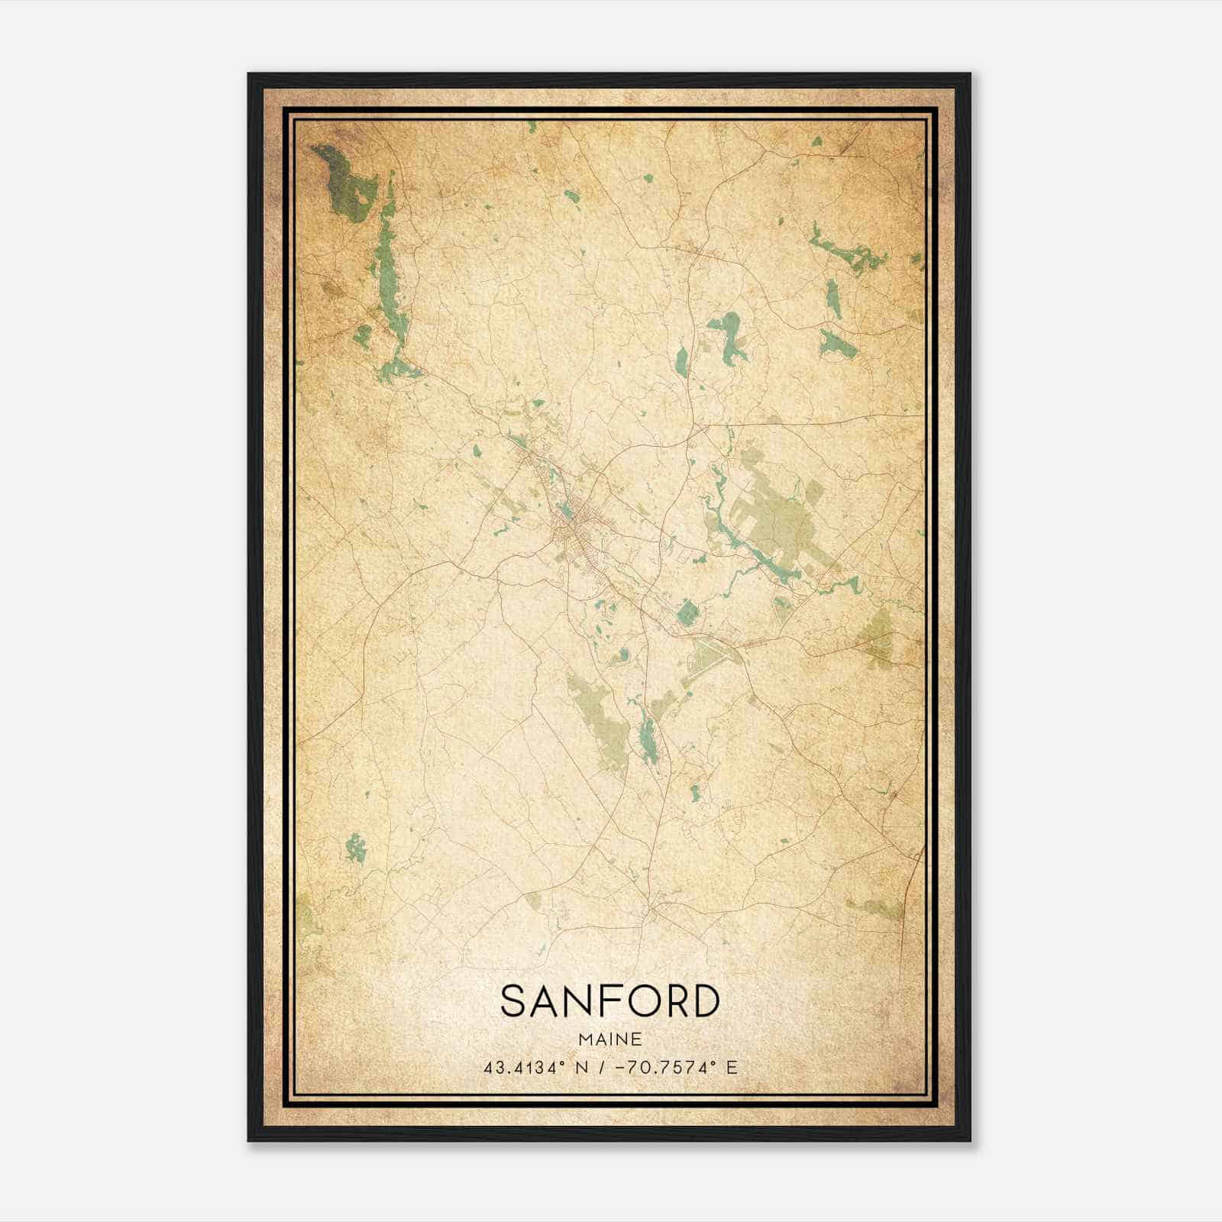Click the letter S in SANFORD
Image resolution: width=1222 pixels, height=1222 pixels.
point(514,1002)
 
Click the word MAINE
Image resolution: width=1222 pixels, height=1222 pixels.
point(609,1039)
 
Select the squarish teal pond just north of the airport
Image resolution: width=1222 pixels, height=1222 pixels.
point(687,612)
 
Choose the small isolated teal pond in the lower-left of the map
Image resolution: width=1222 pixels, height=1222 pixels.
point(354,847)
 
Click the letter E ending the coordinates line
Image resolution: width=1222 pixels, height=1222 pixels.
point(733,1067)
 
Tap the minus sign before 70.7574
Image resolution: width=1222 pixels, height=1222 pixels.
point(619,1067)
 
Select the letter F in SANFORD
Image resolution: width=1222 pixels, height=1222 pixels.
point(600,1002)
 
